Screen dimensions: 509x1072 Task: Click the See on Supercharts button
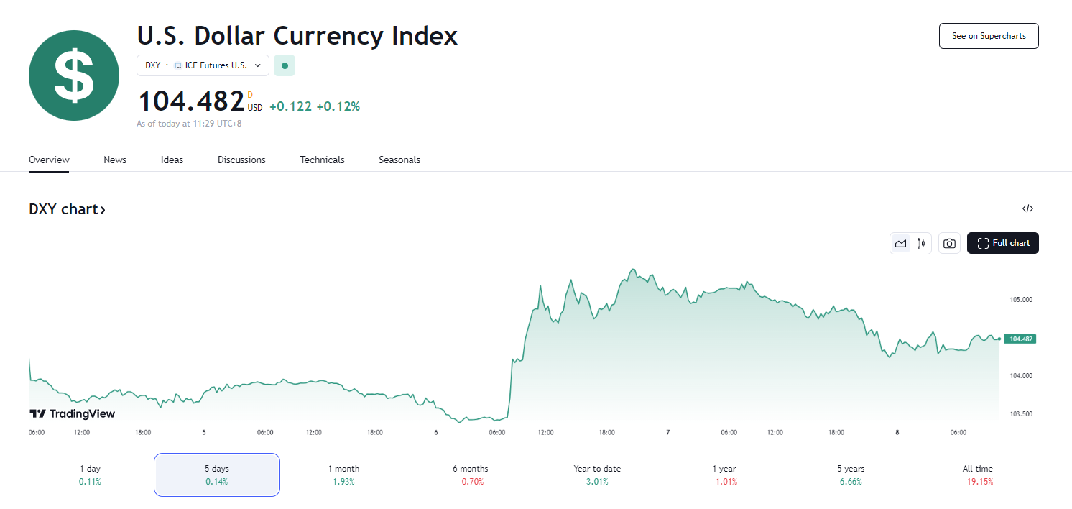click(x=989, y=36)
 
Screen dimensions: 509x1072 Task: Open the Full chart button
click(x=1003, y=243)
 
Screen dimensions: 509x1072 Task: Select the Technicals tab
click(x=322, y=160)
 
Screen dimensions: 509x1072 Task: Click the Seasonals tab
click(x=399, y=160)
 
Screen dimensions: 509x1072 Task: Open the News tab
click(x=115, y=160)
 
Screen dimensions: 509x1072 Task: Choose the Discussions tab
click(x=241, y=160)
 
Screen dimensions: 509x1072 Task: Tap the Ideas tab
click(x=172, y=160)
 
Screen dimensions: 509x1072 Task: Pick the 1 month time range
click(x=343, y=474)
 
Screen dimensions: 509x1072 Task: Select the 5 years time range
click(x=851, y=474)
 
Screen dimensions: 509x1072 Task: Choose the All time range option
click(x=977, y=474)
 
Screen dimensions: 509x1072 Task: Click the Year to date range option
click(x=597, y=474)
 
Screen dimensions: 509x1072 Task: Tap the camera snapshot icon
click(x=949, y=244)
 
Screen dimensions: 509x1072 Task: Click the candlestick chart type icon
click(x=921, y=244)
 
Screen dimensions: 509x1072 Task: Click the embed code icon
click(x=1027, y=209)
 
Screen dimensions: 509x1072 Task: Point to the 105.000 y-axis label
click(x=1021, y=299)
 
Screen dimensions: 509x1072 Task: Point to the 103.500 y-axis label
click(x=1021, y=414)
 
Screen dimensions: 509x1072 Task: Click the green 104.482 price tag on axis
click(x=1020, y=339)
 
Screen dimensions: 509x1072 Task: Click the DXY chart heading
click(x=67, y=209)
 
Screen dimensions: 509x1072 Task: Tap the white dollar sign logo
click(x=74, y=75)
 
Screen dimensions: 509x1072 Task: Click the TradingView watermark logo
click(x=72, y=413)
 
